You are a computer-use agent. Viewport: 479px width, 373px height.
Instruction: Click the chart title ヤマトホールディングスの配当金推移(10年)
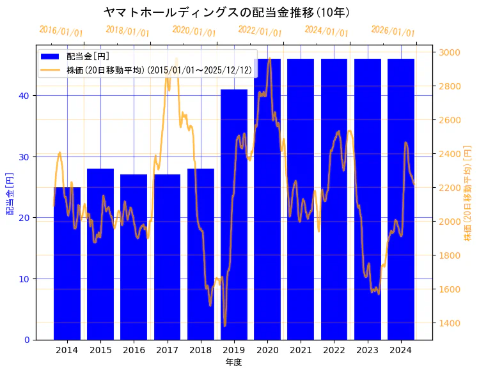pos(226,12)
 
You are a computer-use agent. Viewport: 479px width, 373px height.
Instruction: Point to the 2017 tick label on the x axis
pos(167,350)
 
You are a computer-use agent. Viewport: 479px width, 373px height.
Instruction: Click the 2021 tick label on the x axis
pos(301,350)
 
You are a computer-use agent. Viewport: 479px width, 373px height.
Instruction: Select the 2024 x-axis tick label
pos(401,350)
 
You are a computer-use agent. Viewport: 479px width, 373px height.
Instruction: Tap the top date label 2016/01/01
pos(61,31)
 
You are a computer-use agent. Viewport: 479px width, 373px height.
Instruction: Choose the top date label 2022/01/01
pos(260,31)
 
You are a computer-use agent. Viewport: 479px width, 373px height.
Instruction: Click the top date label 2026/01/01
pos(393,31)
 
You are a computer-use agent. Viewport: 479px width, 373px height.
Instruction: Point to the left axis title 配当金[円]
pos(10,193)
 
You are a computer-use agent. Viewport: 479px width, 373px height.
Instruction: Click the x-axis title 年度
pos(233,362)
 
